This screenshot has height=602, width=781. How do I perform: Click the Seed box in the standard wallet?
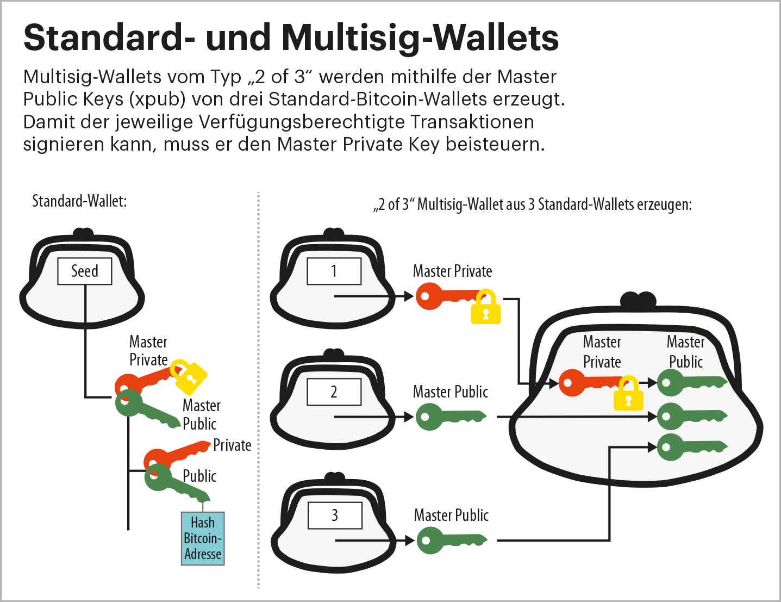pos(85,271)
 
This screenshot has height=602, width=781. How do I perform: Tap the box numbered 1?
pos(334,271)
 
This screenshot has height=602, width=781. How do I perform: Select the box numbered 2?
pos(334,392)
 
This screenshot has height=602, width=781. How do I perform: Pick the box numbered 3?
pos(335,515)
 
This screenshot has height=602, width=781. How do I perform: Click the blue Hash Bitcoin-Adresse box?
pos(203,538)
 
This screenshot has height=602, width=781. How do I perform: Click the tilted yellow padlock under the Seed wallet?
pos(189,376)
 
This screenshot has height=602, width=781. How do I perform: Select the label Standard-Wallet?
pos(79,201)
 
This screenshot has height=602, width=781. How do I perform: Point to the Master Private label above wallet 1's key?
pos(452,271)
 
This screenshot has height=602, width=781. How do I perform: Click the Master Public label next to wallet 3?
pos(451,515)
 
